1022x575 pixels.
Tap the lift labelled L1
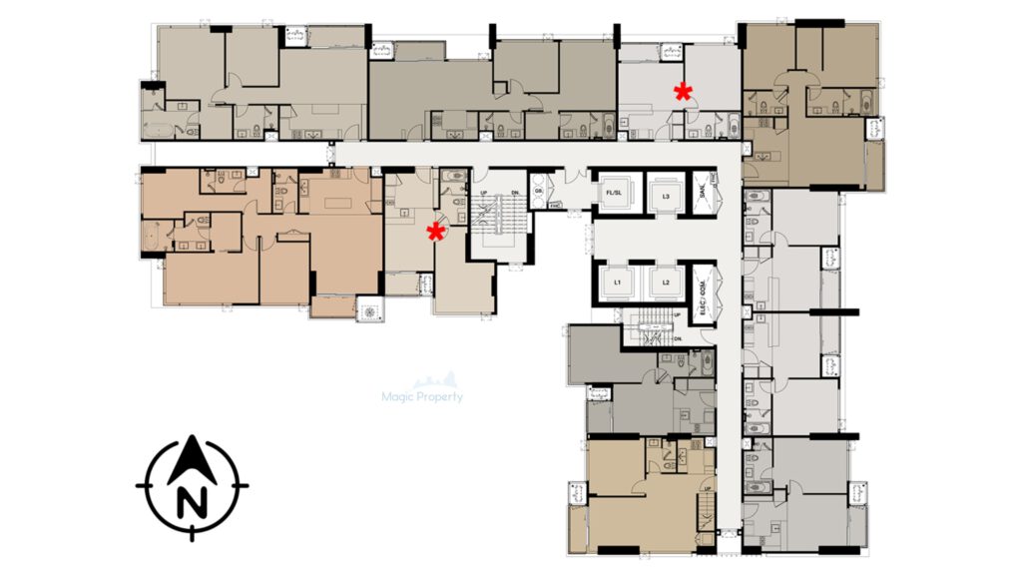point(619,283)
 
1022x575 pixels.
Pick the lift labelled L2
point(665,283)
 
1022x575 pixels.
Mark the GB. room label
point(539,190)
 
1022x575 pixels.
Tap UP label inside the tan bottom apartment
point(708,487)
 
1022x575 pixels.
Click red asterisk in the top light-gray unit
point(683,92)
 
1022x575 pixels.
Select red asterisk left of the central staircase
point(435,233)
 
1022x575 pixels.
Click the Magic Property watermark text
point(423,396)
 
